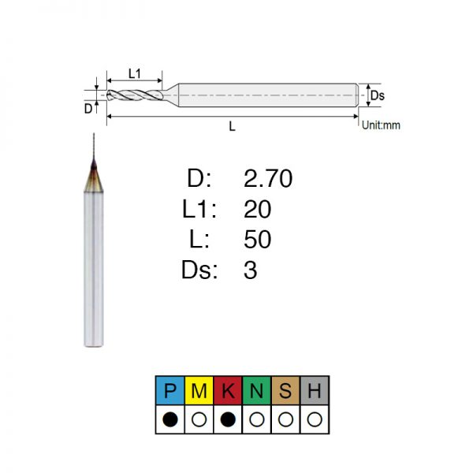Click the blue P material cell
[x=169, y=390]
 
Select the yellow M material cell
[x=199, y=390]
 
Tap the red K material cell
[x=228, y=390]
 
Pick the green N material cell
[x=257, y=390]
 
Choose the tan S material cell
[x=285, y=390]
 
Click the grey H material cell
[x=315, y=390]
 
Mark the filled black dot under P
[x=170, y=419]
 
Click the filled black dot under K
[x=228, y=419]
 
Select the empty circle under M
[x=199, y=419]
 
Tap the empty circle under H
[x=315, y=419]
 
